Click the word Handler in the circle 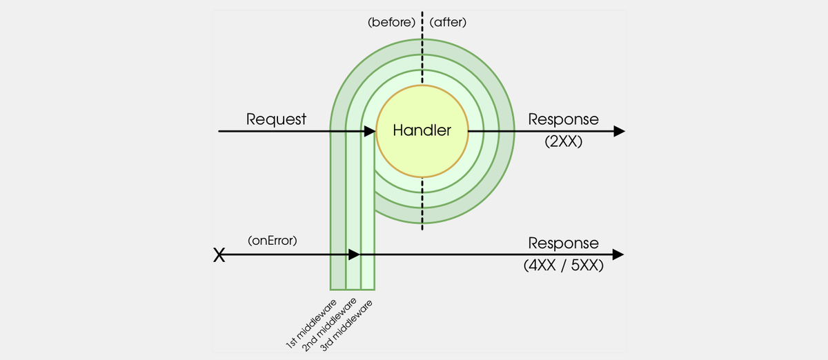pyautogui.click(x=422, y=130)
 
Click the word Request pyautogui.click(x=276, y=119)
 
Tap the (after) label pyautogui.click(x=448, y=22)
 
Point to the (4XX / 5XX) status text pyautogui.click(x=563, y=267)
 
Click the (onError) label pyautogui.click(x=272, y=241)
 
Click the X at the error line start pyautogui.click(x=219, y=256)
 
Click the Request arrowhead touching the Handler pyautogui.click(x=370, y=131)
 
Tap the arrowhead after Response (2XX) pyautogui.click(x=619, y=131)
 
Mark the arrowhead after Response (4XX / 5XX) pyautogui.click(x=619, y=254)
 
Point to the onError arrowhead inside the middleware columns pyautogui.click(x=354, y=254)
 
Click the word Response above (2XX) pyautogui.click(x=563, y=119)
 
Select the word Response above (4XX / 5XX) pyautogui.click(x=563, y=243)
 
